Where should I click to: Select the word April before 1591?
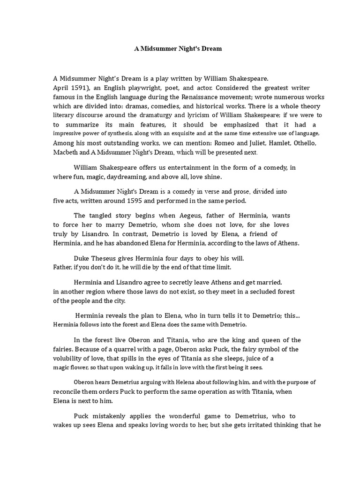pyautogui.click(x=62, y=88)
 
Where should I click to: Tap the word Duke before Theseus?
pyautogui.click(x=82, y=258)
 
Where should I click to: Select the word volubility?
pyautogui.click(x=69, y=359)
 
